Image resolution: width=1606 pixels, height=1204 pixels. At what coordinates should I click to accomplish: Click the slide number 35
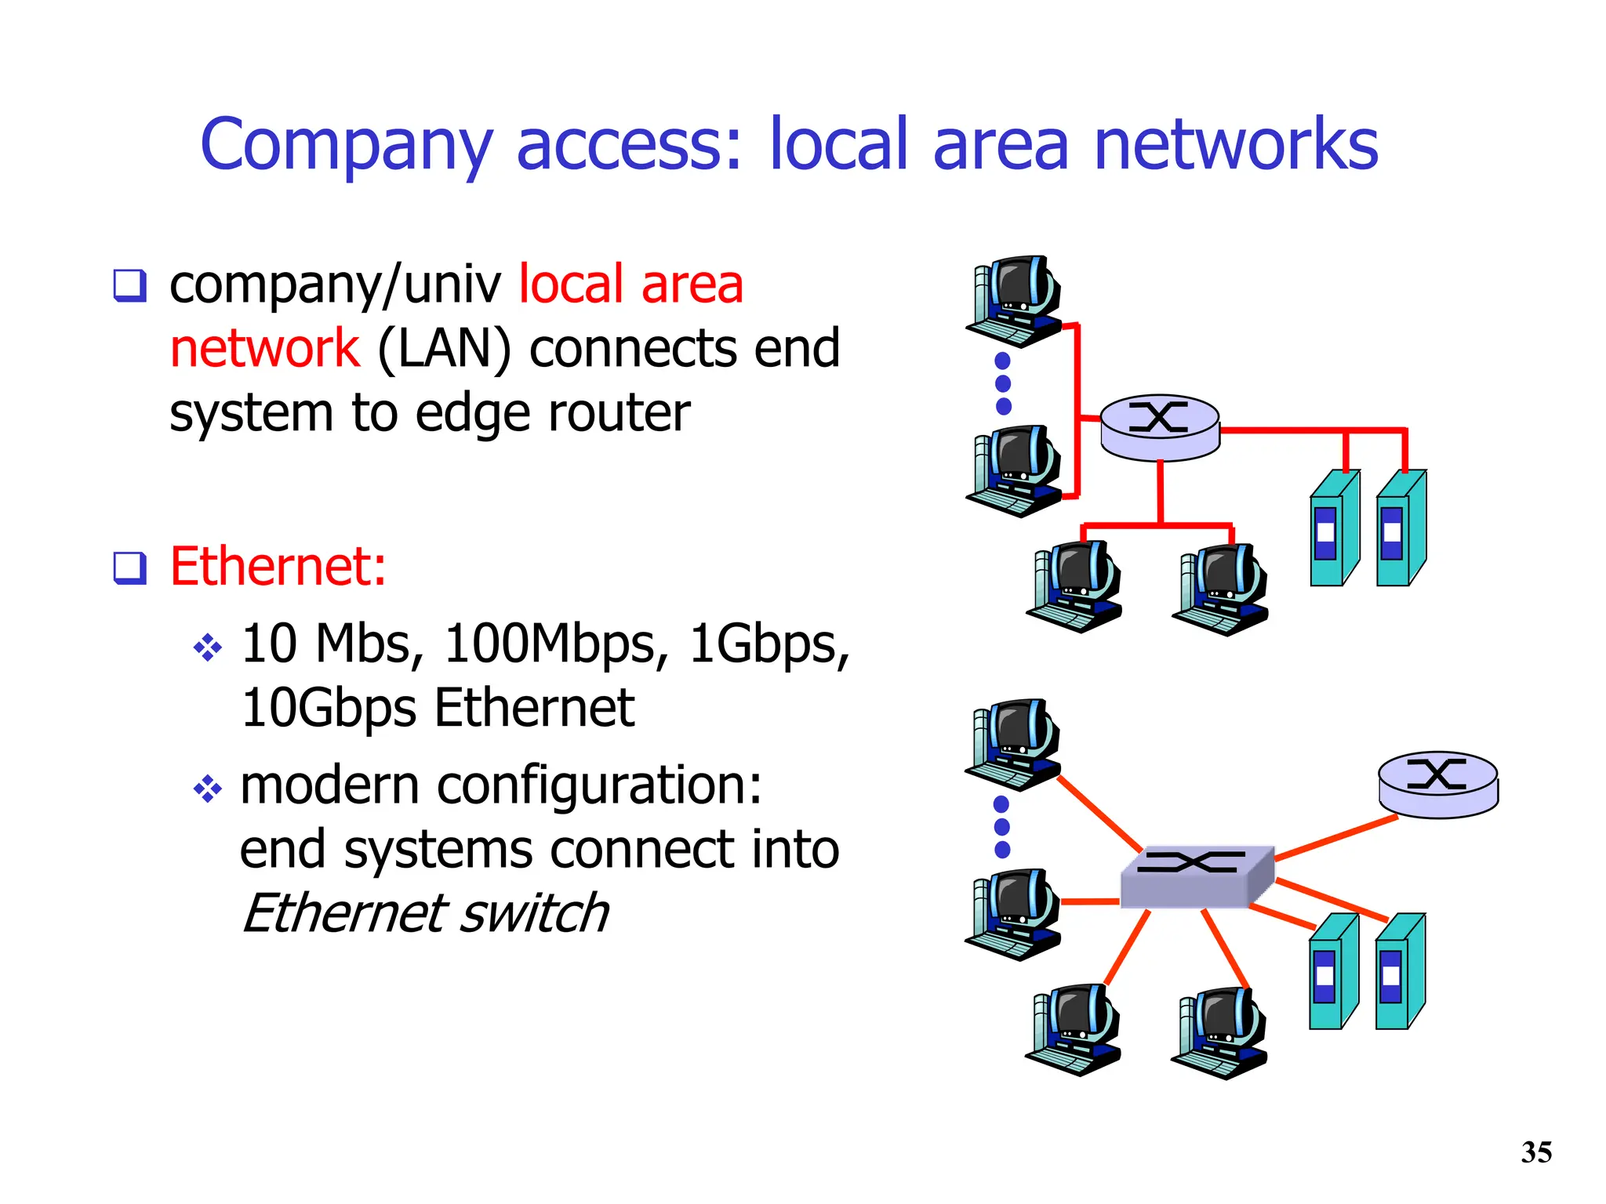pos(1536,1152)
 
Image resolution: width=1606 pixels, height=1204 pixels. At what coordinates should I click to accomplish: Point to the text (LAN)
pos(444,349)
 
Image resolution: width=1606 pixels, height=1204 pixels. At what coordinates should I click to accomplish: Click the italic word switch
pos(533,913)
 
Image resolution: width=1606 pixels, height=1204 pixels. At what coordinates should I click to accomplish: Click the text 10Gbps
pos(329,708)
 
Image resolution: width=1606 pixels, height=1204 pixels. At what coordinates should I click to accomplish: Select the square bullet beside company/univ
pos(129,285)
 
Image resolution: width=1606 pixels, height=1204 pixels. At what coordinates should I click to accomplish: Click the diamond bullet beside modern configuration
pos(208,788)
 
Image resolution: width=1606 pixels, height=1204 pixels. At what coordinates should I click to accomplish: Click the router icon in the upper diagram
pos(1160,426)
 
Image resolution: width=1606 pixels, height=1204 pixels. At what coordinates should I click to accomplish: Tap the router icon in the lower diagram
pos(1438,784)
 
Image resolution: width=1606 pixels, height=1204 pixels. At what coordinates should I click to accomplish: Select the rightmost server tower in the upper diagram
pos(1401,528)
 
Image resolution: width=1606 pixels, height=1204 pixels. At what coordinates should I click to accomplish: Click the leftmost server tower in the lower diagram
pos(1332,972)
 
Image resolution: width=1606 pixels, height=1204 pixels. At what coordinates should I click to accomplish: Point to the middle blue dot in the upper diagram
pos(1003,383)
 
